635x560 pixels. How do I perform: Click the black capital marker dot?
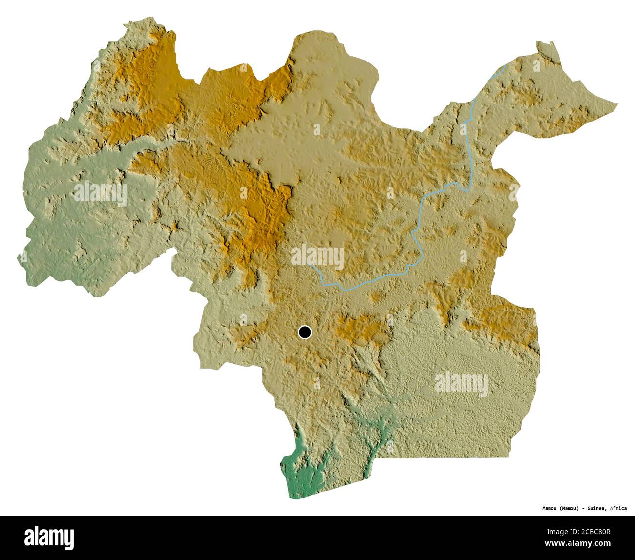[305, 332]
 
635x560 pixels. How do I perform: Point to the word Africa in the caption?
[618, 508]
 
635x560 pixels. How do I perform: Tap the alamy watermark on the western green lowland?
[100, 193]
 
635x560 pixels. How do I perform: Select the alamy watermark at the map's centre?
[317, 256]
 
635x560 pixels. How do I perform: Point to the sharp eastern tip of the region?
[616, 104]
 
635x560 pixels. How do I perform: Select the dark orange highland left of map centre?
[264, 215]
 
